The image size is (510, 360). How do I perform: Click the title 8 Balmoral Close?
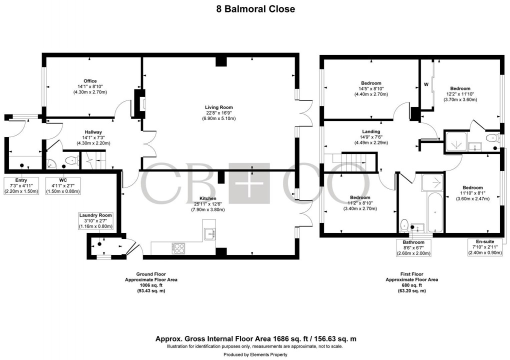(255, 9)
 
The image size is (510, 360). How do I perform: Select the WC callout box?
(62, 185)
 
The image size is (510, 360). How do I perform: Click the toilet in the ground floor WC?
(71, 161)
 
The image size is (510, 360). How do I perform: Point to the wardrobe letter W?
(426, 84)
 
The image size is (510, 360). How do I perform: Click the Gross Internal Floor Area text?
(255, 339)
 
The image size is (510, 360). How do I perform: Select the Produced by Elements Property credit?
(255, 354)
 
